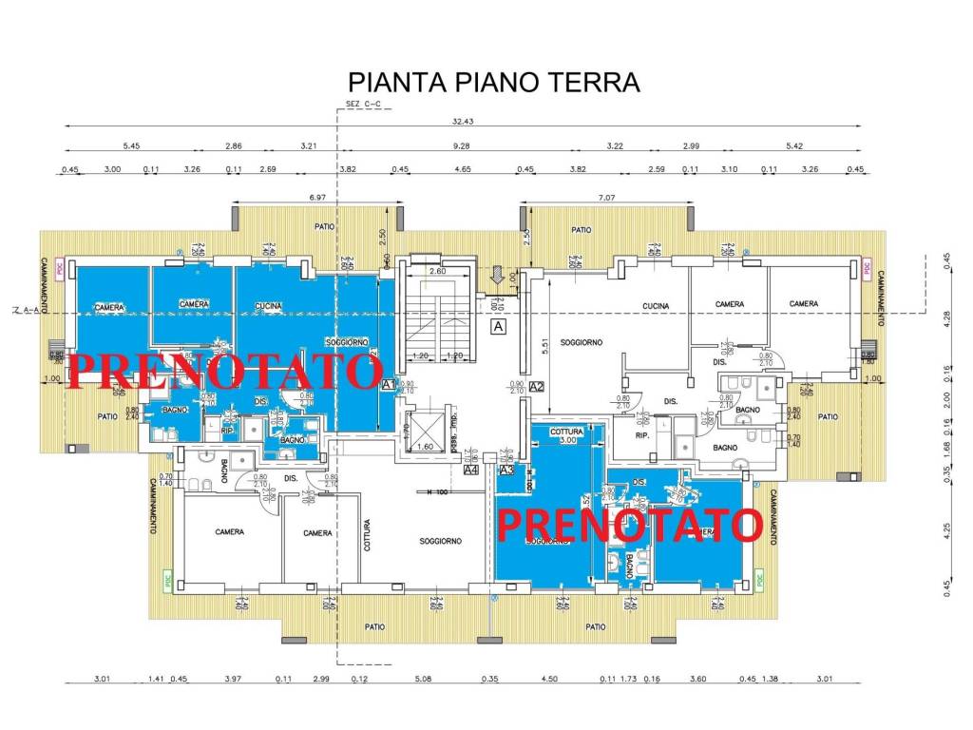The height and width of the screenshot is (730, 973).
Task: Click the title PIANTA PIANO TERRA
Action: (494, 82)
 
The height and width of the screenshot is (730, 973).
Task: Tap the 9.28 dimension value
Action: (462, 146)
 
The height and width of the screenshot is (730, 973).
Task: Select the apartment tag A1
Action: (388, 386)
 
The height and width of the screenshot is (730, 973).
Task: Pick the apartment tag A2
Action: (536, 386)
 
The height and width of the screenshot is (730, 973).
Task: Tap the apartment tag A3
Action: (506, 470)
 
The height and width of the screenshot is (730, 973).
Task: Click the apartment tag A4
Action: (470, 470)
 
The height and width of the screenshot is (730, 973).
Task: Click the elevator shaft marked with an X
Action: (425, 423)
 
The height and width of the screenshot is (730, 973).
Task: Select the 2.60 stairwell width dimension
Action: (436, 271)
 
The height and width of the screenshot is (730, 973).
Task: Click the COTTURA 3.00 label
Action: (566, 436)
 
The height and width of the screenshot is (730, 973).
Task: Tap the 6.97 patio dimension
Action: (317, 195)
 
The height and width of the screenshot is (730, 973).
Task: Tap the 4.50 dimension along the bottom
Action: (549, 678)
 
